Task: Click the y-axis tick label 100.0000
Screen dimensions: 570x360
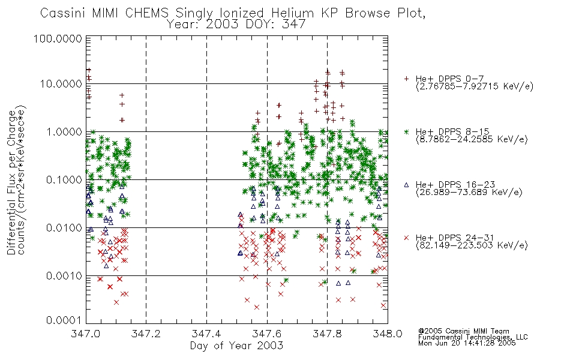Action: [x=58, y=38]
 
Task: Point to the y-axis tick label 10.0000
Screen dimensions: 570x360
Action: [x=61, y=84]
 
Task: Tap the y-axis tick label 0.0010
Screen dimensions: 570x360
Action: [x=64, y=276]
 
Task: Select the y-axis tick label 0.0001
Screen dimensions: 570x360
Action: [x=64, y=320]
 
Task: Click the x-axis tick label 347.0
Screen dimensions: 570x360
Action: [x=86, y=334]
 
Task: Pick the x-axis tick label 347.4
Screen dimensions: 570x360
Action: [x=206, y=334]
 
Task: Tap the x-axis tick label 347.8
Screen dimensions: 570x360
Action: [x=327, y=334]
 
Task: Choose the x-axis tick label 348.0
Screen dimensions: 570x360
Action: [x=388, y=334]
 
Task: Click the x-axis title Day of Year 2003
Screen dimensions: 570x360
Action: [x=236, y=346]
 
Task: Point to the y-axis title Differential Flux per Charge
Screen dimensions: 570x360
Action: [x=11, y=182]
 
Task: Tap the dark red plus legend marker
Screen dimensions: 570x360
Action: [x=406, y=79]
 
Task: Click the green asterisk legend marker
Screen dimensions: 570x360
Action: [x=406, y=131]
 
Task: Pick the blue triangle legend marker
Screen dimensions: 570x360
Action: [x=406, y=185]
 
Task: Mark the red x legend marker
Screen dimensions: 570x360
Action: [x=406, y=238]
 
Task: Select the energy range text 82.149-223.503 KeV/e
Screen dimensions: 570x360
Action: [x=472, y=245]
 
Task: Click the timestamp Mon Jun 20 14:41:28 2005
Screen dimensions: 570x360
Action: [x=467, y=343]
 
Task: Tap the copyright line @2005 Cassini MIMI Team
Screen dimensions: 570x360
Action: [x=464, y=331]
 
